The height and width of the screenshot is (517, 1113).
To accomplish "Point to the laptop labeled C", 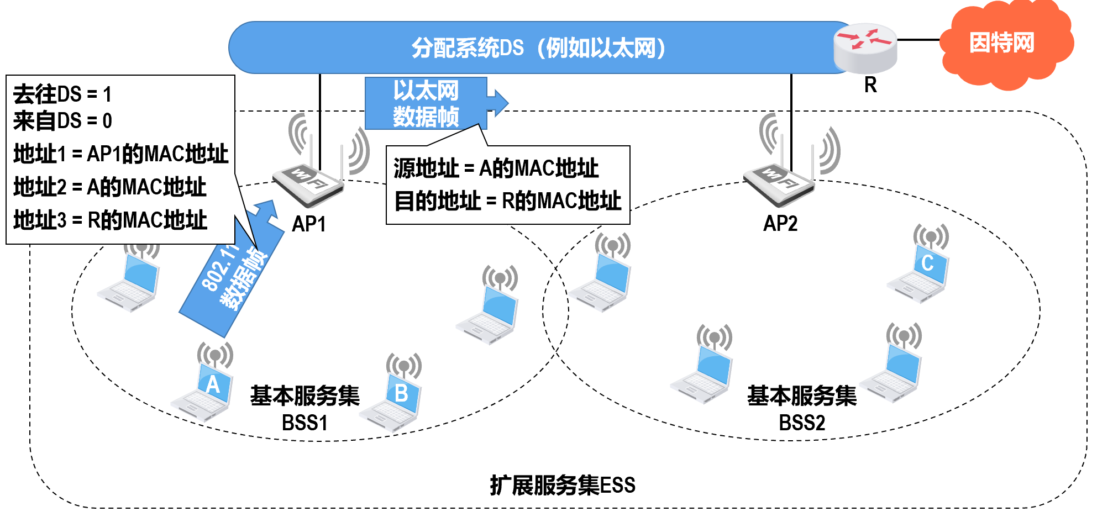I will (x=920, y=271).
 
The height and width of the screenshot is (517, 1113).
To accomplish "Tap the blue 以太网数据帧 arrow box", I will (x=427, y=103).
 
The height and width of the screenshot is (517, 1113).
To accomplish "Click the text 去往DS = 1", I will (x=62, y=94).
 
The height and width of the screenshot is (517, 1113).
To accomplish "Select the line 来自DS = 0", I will (x=62, y=121).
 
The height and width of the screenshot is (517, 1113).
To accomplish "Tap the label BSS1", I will (x=305, y=423).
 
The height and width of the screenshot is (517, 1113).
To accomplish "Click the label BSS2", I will (x=802, y=423).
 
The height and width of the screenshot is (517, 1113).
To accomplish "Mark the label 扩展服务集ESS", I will (x=563, y=485).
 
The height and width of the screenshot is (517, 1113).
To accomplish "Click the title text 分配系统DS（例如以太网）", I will (x=539, y=48).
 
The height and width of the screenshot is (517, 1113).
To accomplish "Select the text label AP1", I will (x=309, y=224).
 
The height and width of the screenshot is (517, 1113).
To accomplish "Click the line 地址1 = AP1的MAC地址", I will (x=120, y=154).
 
